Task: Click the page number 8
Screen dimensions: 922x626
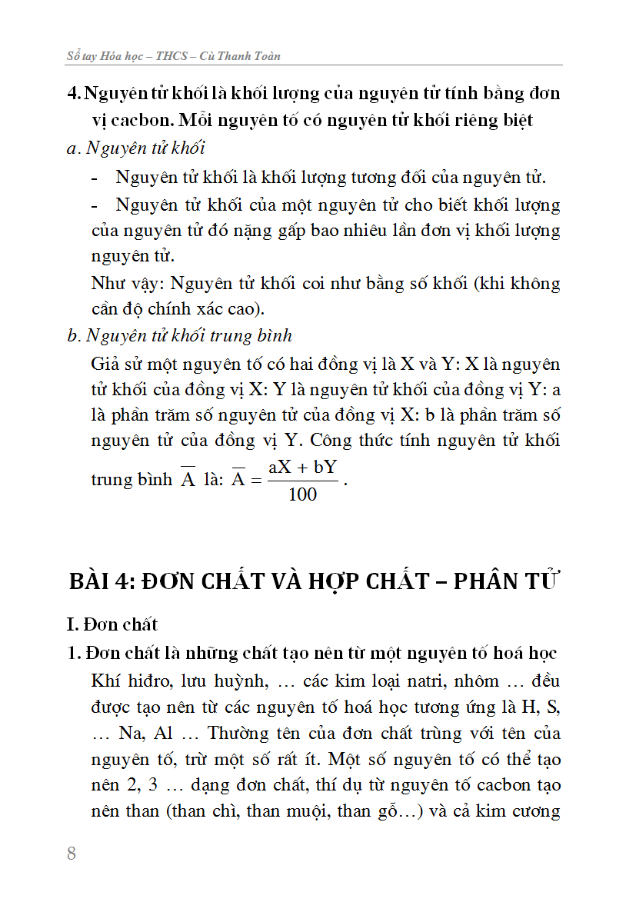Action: pyautogui.click(x=72, y=853)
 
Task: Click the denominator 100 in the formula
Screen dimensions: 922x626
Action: pyautogui.click(x=302, y=494)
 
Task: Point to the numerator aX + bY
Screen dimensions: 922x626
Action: pyautogui.click(x=303, y=468)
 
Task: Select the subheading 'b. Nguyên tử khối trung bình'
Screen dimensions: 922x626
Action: pyautogui.click(x=180, y=336)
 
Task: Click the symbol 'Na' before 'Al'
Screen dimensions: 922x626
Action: pyautogui.click(x=132, y=733)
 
